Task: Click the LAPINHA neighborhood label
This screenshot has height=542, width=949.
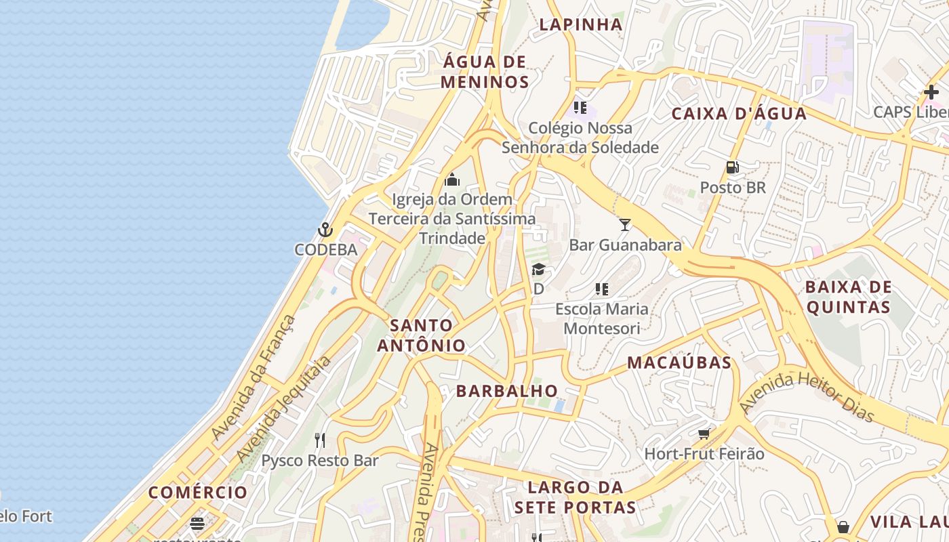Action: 580,25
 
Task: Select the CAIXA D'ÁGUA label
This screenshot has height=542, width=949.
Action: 739,114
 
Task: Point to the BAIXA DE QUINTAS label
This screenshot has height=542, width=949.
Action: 848,297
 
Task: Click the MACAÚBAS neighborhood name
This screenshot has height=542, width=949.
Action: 679,362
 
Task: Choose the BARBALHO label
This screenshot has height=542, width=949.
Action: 507,391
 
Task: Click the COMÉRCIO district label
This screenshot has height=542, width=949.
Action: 198,493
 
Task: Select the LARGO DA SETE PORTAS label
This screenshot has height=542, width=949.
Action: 575,497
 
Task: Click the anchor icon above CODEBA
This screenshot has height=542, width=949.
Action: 325,230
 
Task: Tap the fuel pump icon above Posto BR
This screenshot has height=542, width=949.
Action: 732,167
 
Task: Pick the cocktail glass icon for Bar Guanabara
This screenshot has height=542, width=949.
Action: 624,224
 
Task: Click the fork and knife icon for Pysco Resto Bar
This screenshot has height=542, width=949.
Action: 320,440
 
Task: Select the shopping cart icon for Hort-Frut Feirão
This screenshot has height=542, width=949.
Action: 704,434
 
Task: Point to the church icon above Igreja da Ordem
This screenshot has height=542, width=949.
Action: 452,180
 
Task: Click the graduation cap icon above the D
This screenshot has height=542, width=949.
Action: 538,270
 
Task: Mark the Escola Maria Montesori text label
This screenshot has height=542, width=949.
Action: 602,318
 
